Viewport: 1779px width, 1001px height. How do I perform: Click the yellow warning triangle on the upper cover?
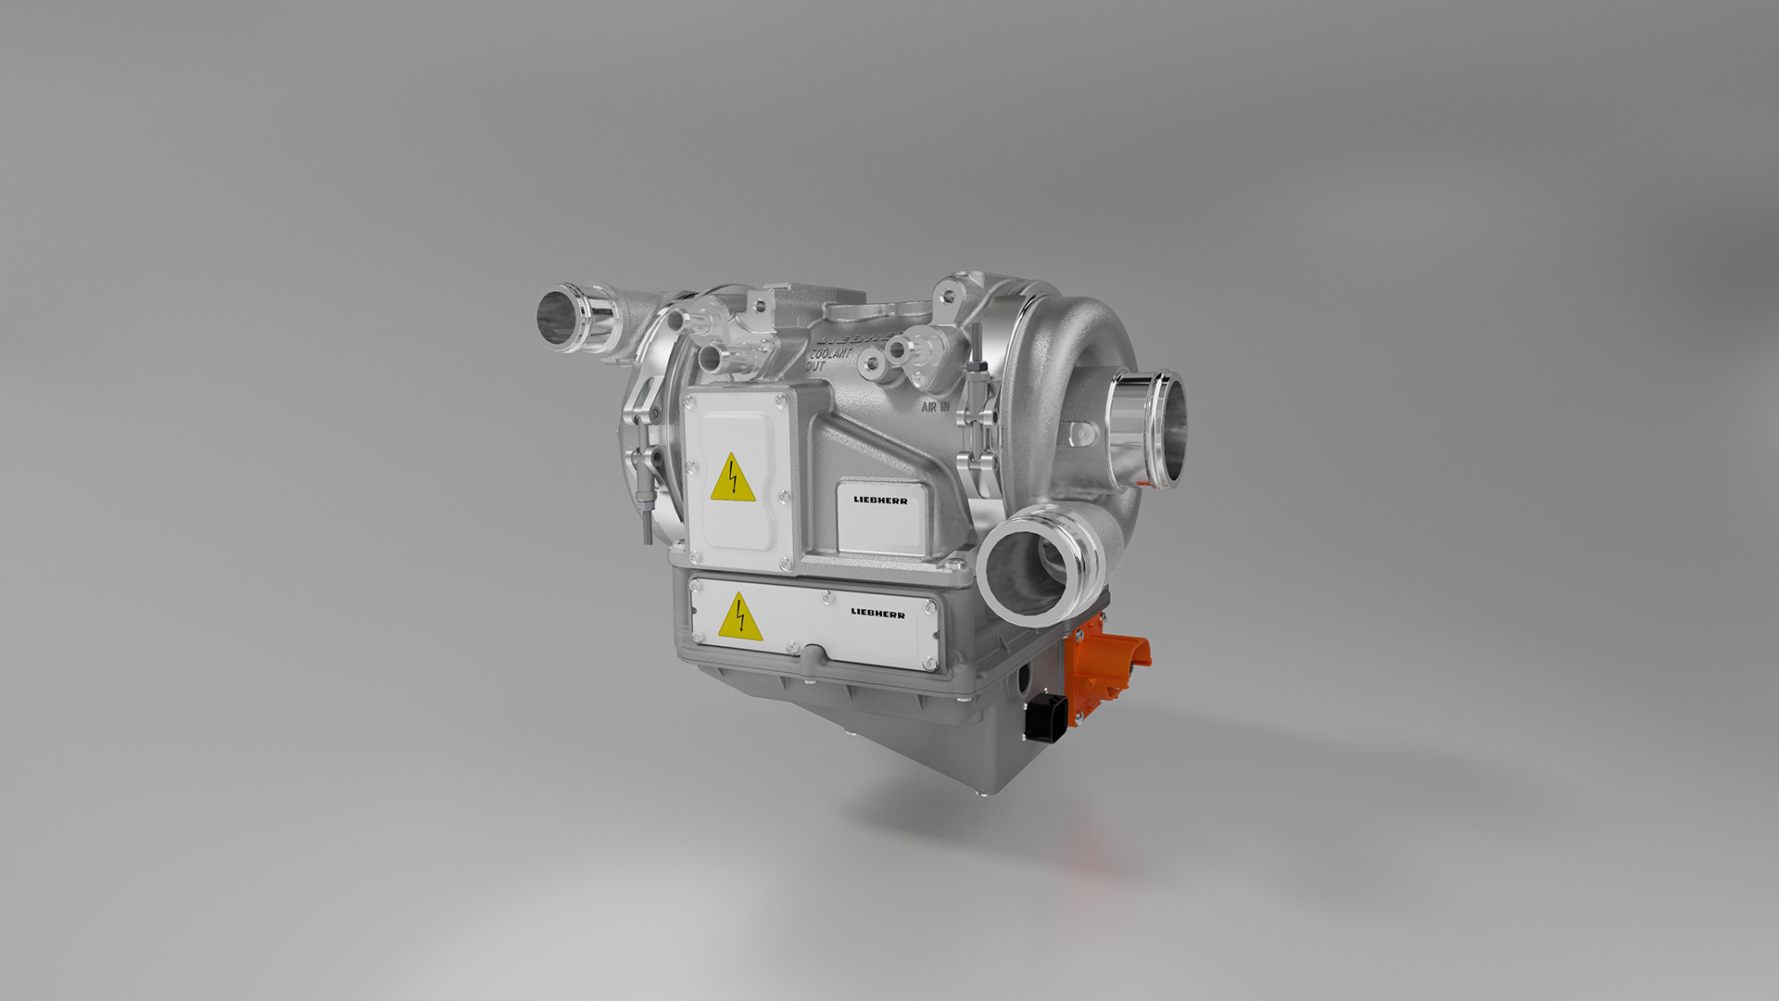coord(733,479)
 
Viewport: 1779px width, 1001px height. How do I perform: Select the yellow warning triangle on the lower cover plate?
coord(740,619)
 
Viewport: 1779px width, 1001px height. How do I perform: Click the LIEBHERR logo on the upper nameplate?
coord(880,500)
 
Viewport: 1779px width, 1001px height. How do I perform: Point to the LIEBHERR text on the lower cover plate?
coord(877,613)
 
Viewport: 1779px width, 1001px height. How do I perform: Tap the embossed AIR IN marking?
coord(935,406)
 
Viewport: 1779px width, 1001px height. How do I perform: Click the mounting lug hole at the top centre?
coord(759,303)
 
